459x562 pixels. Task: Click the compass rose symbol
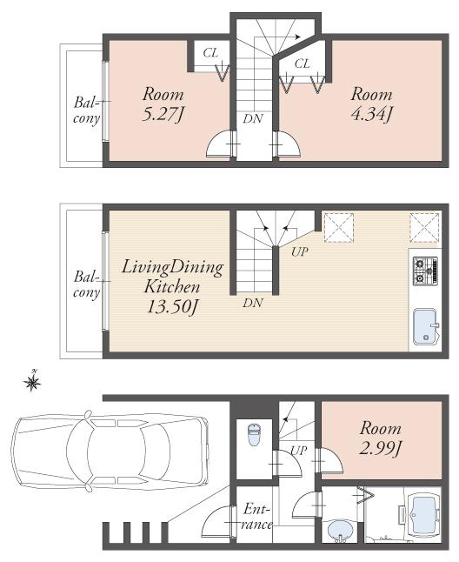pyautogui.click(x=34, y=380)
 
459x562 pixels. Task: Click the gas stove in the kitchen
pyautogui.click(x=425, y=271)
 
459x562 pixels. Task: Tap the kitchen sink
pyautogui.click(x=425, y=326)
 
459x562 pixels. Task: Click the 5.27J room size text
pyautogui.click(x=163, y=113)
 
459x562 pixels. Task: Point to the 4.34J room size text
pyautogui.click(x=370, y=113)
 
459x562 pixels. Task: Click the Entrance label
pyautogui.click(x=258, y=516)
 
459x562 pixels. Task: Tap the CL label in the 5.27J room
pyautogui.click(x=210, y=53)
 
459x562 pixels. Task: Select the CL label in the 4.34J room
pyautogui.click(x=302, y=64)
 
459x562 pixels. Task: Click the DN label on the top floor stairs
pyautogui.click(x=253, y=117)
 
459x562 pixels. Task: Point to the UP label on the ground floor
pyautogui.click(x=298, y=452)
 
